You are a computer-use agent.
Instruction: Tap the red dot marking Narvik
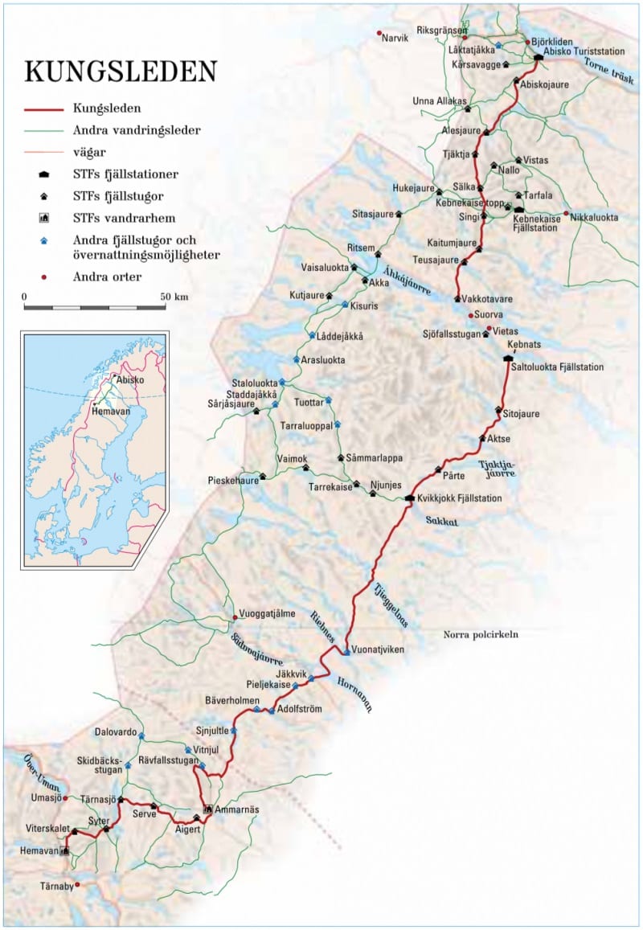pyautogui.click(x=379, y=33)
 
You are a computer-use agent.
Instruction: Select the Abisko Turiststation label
pyautogui.click(x=583, y=51)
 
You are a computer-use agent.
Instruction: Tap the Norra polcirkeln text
pyautogui.click(x=481, y=635)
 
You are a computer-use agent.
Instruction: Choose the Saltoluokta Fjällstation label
pyautogui.click(x=557, y=367)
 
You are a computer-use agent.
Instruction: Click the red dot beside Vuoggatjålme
pyautogui.click(x=235, y=617)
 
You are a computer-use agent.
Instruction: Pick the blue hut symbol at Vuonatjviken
pyautogui.click(x=346, y=652)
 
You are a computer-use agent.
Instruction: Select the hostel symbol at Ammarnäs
pyautogui.click(x=207, y=809)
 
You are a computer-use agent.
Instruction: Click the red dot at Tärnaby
pyautogui.click(x=77, y=884)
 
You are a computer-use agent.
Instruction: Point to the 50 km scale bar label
pyautogui.click(x=174, y=297)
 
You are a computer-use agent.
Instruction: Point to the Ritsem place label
pyautogui.click(x=361, y=247)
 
